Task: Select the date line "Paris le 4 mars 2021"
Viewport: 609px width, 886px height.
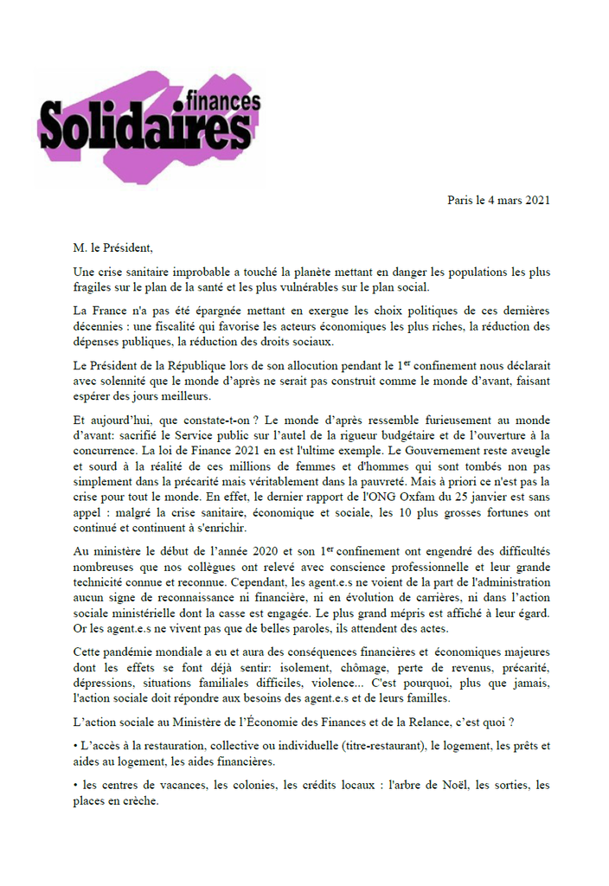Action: pyautogui.click(x=498, y=200)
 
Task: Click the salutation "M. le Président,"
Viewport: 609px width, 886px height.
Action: pyautogui.click(x=112, y=249)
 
